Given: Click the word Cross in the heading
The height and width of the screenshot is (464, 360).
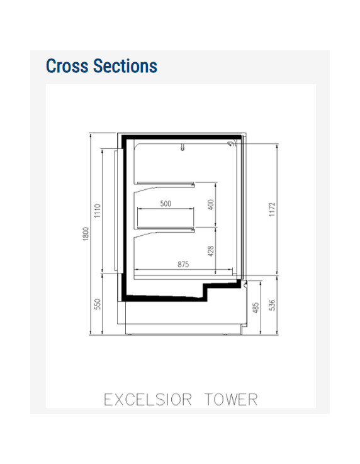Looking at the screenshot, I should pyautogui.click(x=67, y=66).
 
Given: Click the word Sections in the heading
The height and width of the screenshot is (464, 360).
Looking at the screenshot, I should pyautogui.click(x=125, y=66).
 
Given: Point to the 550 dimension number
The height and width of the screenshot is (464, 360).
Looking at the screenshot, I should pyautogui.click(x=98, y=304).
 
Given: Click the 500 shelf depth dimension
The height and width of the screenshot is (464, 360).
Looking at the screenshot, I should pyautogui.click(x=166, y=204).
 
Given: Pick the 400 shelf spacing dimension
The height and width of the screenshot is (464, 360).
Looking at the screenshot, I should pyautogui.click(x=211, y=204).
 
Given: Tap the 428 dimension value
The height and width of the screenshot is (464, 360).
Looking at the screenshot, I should pyautogui.click(x=211, y=250).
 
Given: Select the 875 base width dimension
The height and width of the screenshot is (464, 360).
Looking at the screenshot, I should pyautogui.click(x=183, y=265).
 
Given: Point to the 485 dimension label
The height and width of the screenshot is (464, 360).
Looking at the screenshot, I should pyautogui.click(x=256, y=307).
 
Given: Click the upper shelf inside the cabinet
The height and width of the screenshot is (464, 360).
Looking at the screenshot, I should pyautogui.click(x=166, y=184).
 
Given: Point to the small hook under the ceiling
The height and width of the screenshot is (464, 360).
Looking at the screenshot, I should pyautogui.click(x=183, y=148).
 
